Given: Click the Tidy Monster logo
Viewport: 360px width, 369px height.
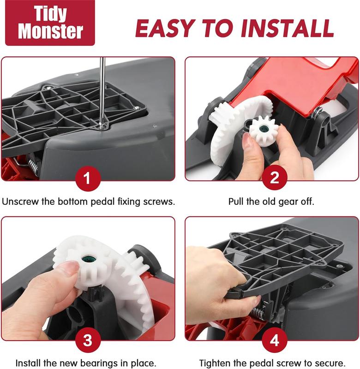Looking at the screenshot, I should (50, 23).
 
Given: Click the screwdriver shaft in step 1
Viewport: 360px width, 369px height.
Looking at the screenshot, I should (102, 88).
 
